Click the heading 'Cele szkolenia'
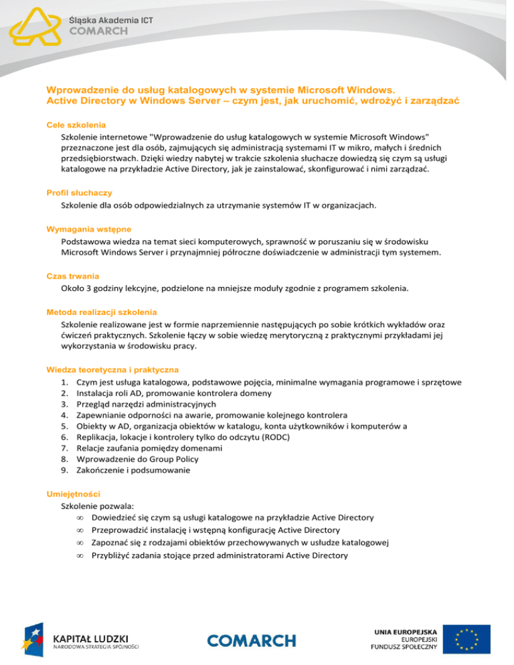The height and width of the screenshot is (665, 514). (76, 125)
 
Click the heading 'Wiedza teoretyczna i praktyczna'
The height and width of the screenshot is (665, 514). (112, 369)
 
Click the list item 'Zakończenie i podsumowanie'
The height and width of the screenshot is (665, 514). (134, 470)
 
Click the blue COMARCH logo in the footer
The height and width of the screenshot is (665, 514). (252, 641)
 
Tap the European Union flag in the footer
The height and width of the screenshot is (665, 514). (471, 640)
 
